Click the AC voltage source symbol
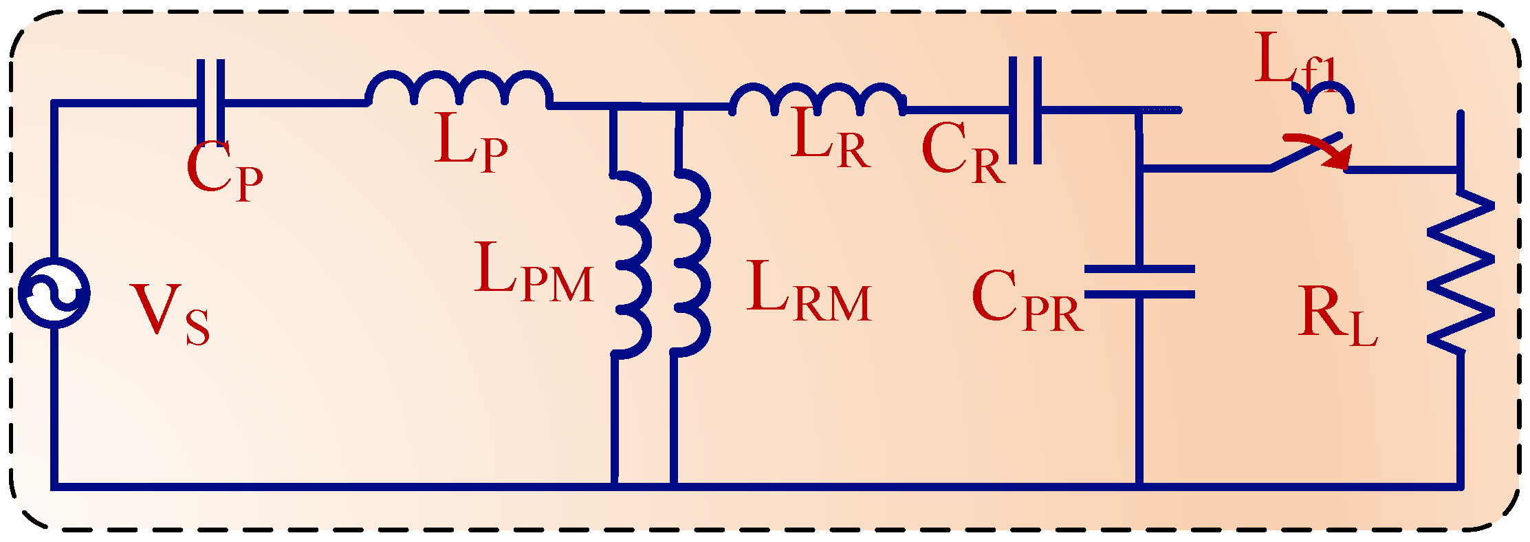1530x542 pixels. (x=54, y=293)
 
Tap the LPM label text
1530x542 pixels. (x=534, y=273)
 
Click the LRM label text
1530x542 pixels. (x=809, y=292)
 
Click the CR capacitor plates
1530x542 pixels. (x=1025, y=110)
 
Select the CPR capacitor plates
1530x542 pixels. (x=1139, y=281)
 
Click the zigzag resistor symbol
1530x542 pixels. (x=1461, y=272)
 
